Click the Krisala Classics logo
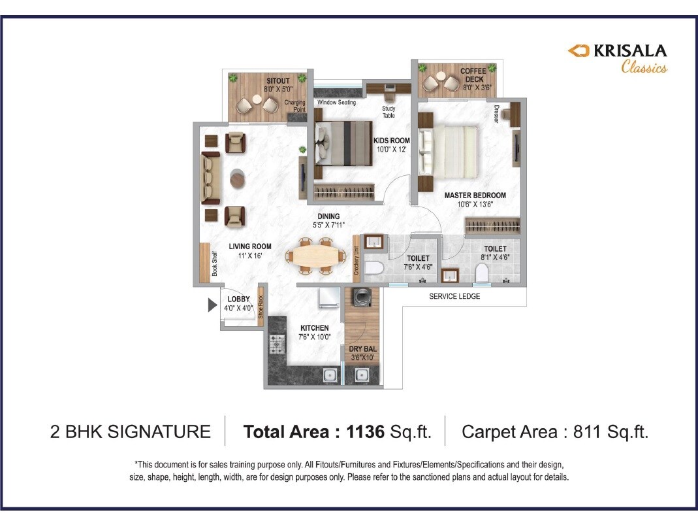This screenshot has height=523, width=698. (x=616, y=58)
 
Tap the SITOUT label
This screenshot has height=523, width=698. (x=260, y=80)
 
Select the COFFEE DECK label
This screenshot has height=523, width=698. (x=472, y=75)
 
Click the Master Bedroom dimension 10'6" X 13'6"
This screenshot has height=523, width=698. (x=475, y=204)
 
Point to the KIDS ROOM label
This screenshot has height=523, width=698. (x=391, y=141)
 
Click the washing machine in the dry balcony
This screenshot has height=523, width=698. (x=360, y=298)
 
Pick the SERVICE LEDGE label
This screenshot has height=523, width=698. (x=454, y=296)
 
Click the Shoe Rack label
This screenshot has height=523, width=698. (x=260, y=307)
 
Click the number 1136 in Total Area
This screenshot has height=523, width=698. (x=366, y=431)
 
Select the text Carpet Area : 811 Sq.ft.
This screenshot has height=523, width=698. (x=554, y=431)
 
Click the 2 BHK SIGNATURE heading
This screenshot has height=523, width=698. (x=130, y=431)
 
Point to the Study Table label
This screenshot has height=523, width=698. (x=389, y=112)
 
